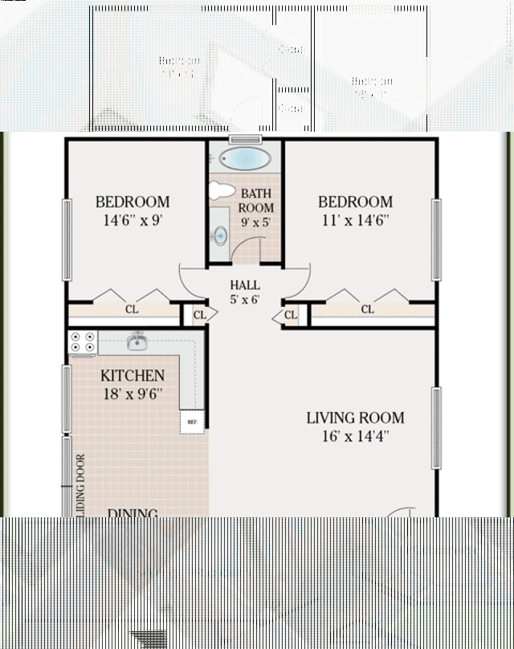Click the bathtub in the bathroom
pos(246,158)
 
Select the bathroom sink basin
pos(219,235)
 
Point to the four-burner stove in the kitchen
pos(83,343)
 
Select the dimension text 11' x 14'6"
pos(355,221)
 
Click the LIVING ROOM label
pos(355,418)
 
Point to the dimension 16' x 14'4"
pos(355,437)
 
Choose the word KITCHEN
pos(133,376)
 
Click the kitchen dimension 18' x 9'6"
pos(133,394)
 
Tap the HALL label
pos(244,285)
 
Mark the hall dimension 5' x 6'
pos(244,300)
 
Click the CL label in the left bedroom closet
pos(131,308)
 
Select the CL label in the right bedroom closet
pos(367,308)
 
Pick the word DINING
pos(133,512)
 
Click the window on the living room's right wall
pos(436,427)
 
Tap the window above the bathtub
pos(245,140)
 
